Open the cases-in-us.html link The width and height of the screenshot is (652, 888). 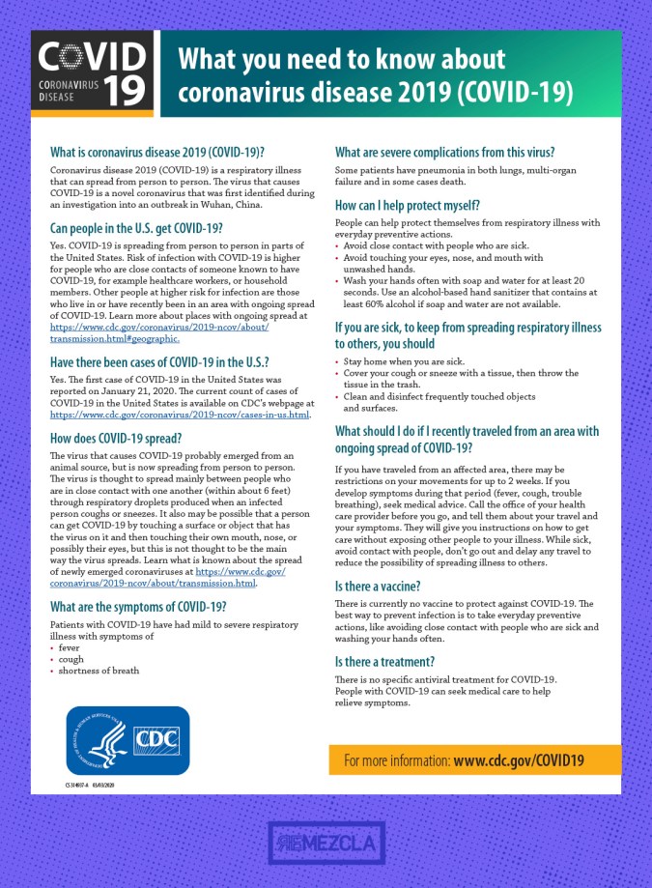click(x=180, y=415)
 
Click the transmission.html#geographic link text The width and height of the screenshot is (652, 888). click(x=115, y=339)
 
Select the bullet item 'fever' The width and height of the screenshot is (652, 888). click(x=69, y=647)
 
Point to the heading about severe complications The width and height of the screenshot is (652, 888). click(x=444, y=153)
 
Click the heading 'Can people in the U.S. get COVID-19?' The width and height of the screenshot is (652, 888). click(x=137, y=228)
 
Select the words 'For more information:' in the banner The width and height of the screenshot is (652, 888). click(x=396, y=760)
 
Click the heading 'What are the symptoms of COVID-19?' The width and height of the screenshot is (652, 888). click(x=138, y=607)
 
